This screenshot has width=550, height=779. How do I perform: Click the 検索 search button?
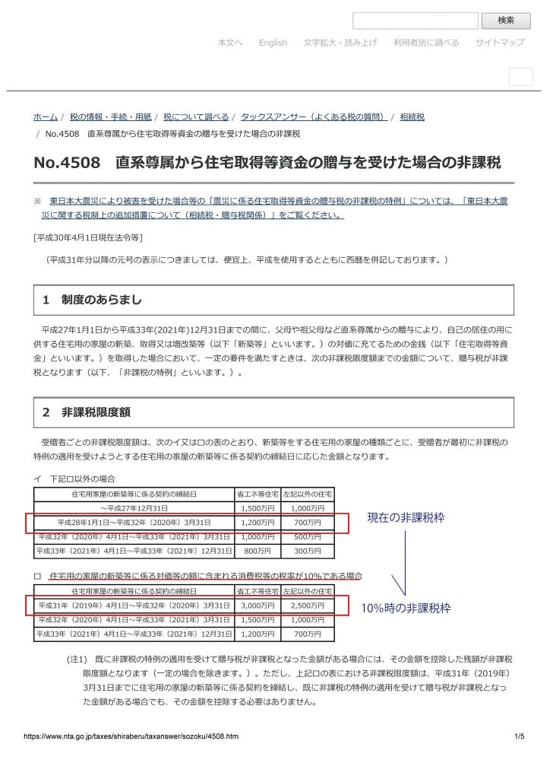(506, 21)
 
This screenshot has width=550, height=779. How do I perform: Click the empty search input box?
(416, 21)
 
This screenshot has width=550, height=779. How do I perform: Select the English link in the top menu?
(273, 43)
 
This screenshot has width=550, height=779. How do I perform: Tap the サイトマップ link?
(500, 43)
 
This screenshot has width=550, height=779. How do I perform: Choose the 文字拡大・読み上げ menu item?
(340, 43)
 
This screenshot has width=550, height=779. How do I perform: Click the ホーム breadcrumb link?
(45, 117)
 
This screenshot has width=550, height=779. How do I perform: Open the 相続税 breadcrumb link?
(412, 117)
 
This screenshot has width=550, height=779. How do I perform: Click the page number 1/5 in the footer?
(519, 736)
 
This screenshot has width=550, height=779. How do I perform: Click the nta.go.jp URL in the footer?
(131, 736)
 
